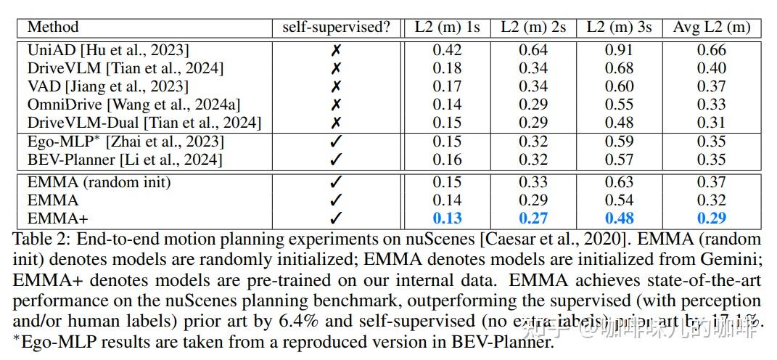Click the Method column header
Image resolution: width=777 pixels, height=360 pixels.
pyautogui.click(x=53, y=28)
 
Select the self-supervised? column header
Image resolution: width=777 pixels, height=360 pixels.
pyautogui.click(x=336, y=28)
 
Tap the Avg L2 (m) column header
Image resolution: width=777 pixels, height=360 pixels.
pyautogui.click(x=711, y=28)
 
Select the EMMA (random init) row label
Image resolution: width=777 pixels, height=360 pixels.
pyautogui.click(x=99, y=182)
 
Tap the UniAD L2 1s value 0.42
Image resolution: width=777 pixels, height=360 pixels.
pyautogui.click(x=447, y=50)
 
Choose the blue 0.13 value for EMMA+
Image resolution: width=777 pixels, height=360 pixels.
pyautogui.click(x=447, y=218)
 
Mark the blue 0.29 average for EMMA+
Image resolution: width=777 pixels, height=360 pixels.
pyautogui.click(x=711, y=218)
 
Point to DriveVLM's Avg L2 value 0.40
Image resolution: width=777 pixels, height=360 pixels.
pyautogui.click(x=711, y=68)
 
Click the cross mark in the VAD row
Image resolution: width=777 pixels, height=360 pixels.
pyautogui.click(x=336, y=86)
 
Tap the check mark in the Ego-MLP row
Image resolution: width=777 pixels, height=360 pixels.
pyautogui.click(x=336, y=141)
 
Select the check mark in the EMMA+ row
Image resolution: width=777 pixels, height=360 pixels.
pyautogui.click(x=336, y=218)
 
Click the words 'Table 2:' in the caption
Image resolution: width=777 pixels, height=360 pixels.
pyautogui.click(x=41, y=239)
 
